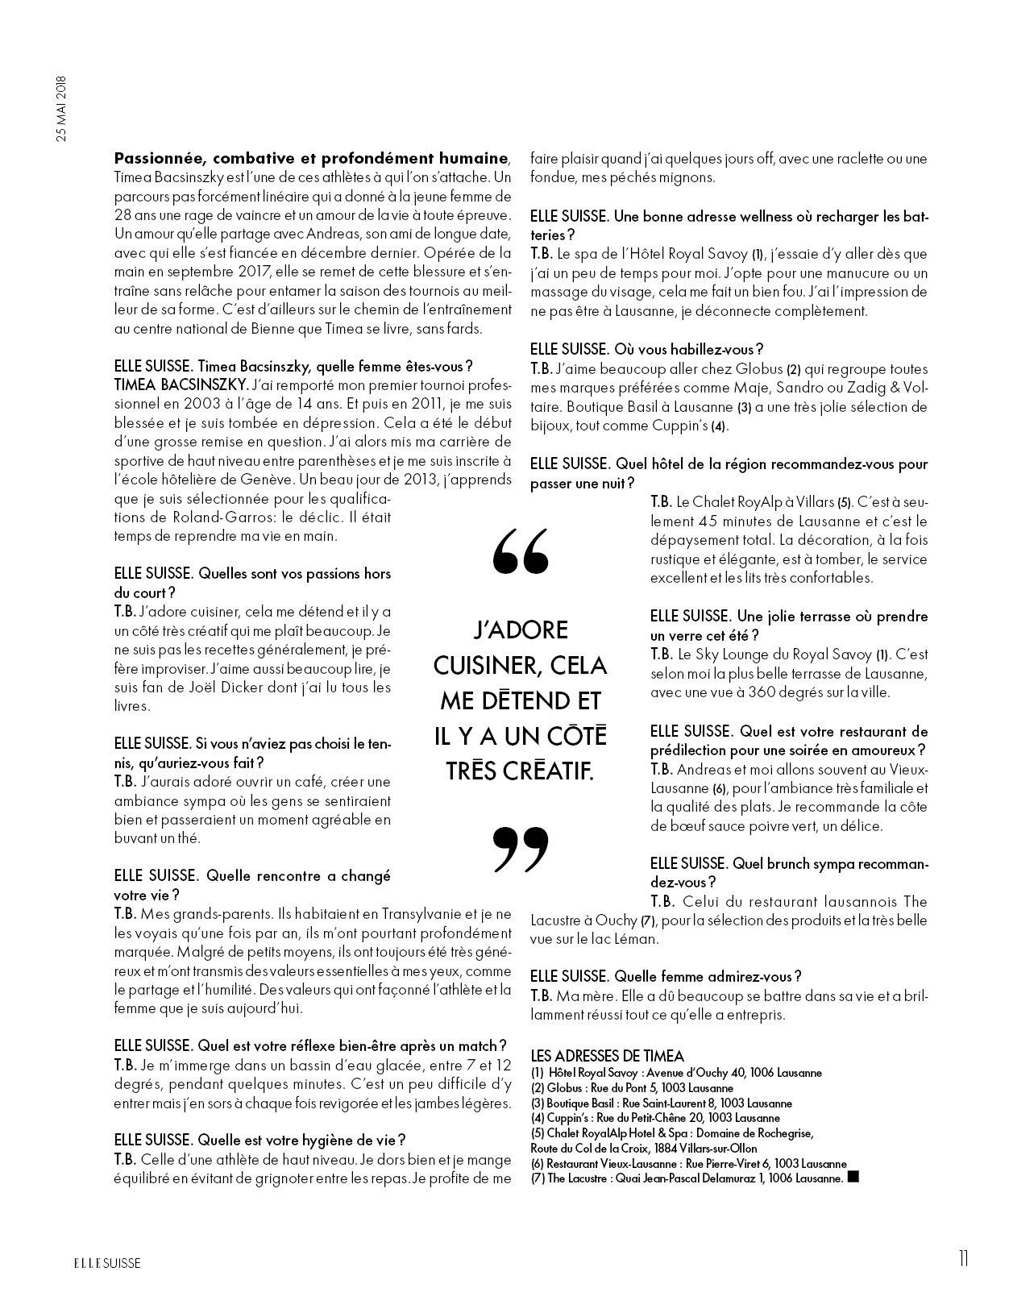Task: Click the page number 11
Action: pyautogui.click(x=964, y=1259)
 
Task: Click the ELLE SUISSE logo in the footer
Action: pyautogui.click(x=103, y=1263)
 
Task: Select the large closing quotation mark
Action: pyautogui.click(x=520, y=850)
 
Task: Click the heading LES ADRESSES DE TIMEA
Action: pyautogui.click(x=607, y=1056)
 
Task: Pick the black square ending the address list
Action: pyautogui.click(x=854, y=1178)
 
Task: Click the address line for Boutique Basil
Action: pyautogui.click(x=661, y=1103)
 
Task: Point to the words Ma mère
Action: pyautogui.click(x=579, y=995)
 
